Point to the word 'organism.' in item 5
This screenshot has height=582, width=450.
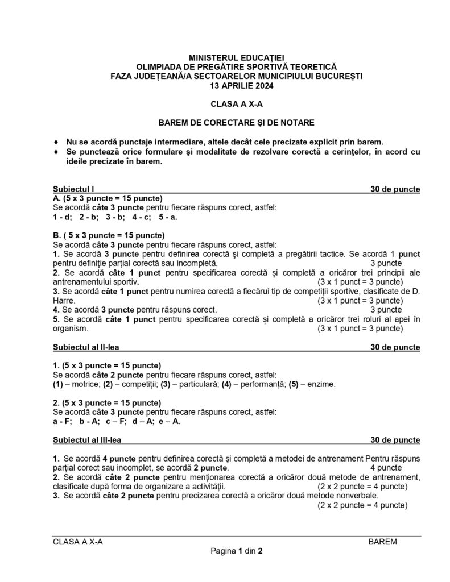coord(71,329)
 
